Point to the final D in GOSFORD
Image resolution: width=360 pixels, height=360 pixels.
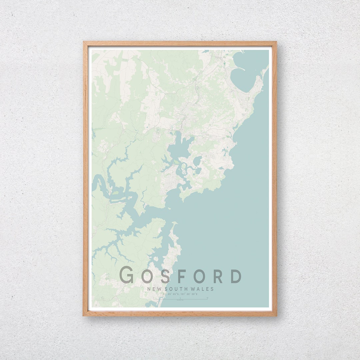[x=236, y=276]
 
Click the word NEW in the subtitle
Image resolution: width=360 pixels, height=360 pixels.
[x=153, y=289]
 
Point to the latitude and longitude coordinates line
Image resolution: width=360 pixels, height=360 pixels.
[x=180, y=294]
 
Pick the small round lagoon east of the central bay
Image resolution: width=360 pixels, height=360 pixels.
[x=197, y=161]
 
